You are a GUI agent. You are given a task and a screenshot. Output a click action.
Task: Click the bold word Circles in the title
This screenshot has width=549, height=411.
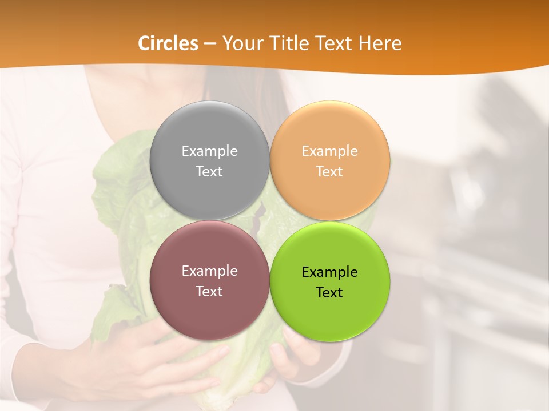coord(168,43)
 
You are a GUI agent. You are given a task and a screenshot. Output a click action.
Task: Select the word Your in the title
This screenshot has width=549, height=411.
coord(240,43)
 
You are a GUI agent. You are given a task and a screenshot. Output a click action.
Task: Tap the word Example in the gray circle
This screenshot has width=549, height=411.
coord(209,151)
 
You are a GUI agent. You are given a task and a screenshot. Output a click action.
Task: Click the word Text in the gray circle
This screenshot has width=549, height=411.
coord(209,171)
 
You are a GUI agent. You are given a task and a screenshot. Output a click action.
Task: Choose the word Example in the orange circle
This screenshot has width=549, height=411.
coord(330,151)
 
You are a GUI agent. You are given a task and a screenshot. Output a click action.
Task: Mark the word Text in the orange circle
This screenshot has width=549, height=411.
coord(330,171)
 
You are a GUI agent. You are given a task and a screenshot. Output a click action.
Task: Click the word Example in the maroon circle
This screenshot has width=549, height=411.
coord(209,271)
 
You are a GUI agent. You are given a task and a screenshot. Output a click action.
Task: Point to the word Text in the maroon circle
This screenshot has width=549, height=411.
coord(209,291)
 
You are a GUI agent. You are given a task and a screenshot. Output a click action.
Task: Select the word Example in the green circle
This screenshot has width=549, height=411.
coord(330,272)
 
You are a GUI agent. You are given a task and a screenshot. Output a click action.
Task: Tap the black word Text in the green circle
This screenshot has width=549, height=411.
coord(330,292)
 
